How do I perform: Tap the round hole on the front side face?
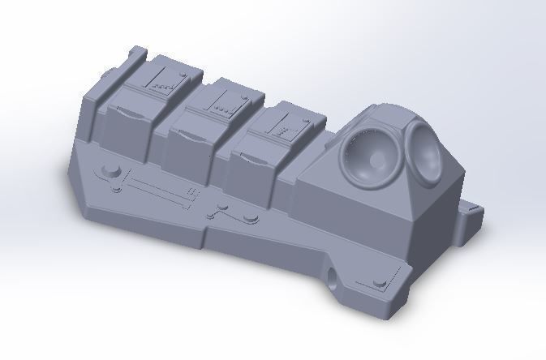click(335, 276)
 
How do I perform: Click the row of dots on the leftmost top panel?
click(166, 84)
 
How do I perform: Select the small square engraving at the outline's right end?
click(192, 191)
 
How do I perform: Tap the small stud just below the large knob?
click(117, 190)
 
